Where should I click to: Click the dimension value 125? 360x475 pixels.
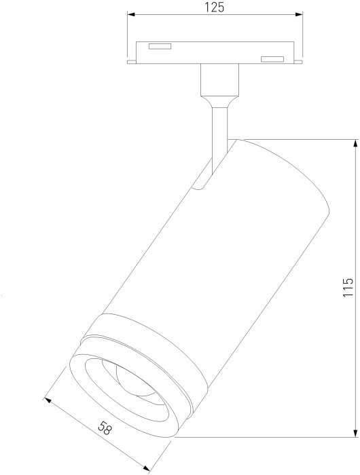[x=215, y=7]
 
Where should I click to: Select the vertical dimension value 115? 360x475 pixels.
[x=348, y=288]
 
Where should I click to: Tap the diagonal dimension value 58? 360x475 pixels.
[x=105, y=429]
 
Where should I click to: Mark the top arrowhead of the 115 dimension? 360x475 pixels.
[x=355, y=143]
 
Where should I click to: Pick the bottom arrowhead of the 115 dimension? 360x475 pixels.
[x=355, y=434]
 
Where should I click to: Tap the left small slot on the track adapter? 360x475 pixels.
[x=160, y=46]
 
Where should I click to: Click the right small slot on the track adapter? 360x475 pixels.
[x=272, y=59]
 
